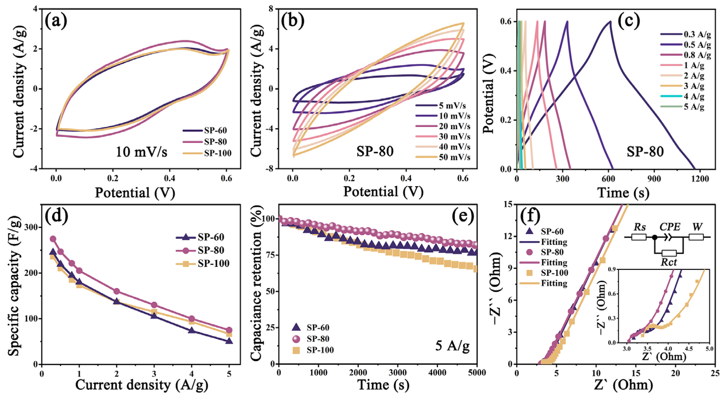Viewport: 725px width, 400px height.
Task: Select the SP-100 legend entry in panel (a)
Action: click(x=217, y=153)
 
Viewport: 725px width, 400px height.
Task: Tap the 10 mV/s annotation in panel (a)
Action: click(x=142, y=152)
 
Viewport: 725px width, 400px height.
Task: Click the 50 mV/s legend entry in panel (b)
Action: click(x=454, y=157)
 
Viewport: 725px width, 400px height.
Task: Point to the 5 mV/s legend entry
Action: click(x=452, y=105)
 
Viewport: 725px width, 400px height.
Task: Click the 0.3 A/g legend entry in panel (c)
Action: click(x=697, y=34)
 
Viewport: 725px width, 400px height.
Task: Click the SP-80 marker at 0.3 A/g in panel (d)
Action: click(x=53, y=239)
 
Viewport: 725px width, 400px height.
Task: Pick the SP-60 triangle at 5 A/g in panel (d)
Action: click(x=229, y=341)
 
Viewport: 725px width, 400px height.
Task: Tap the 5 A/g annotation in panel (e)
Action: click(x=452, y=346)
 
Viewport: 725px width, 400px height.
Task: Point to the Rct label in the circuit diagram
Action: click(x=668, y=262)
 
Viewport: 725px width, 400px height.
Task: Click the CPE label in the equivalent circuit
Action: click(x=670, y=227)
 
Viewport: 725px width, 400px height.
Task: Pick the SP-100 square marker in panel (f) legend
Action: click(x=529, y=273)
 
